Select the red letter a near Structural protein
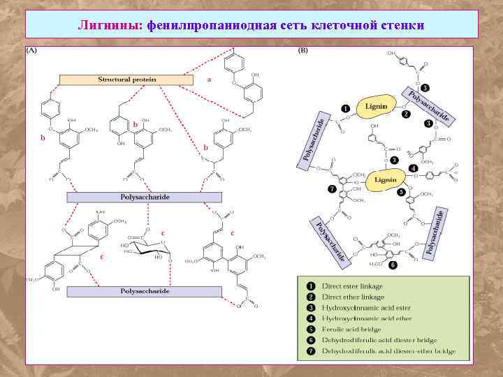point(208,80)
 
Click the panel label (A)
point(32,51)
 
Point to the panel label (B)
point(303,51)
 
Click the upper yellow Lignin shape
point(377,106)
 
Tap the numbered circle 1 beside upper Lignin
point(344,108)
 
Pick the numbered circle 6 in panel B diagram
point(393,265)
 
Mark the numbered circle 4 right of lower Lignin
point(414,168)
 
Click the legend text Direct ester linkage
point(352,287)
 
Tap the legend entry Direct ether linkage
point(353,297)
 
